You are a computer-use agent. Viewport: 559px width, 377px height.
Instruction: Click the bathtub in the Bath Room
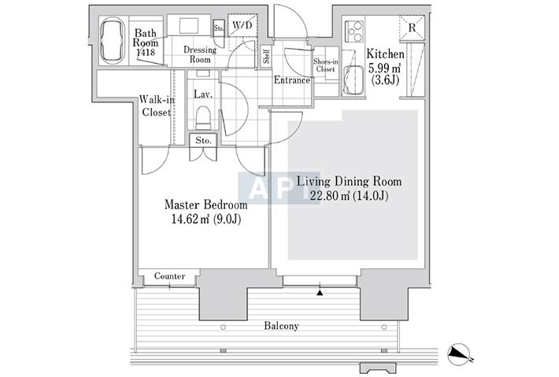point(113,41)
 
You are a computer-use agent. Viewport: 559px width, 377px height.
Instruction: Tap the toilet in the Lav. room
point(204,117)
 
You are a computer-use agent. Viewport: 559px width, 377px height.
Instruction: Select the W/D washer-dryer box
point(242,25)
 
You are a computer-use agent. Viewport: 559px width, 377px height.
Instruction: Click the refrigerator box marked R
point(412,28)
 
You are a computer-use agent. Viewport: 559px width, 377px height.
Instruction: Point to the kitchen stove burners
point(354,32)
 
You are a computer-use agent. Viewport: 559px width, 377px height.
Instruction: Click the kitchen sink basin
point(354,80)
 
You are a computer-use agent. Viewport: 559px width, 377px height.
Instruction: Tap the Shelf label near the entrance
point(266,56)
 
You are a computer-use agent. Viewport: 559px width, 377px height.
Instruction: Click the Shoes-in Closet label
point(325,65)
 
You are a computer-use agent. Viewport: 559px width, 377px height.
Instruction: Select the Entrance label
point(291,80)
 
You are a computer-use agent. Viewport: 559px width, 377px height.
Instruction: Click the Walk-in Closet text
point(157,105)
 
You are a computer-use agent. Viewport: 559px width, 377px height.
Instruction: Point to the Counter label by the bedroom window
point(170,276)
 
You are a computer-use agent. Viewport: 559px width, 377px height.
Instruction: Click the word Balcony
point(281,326)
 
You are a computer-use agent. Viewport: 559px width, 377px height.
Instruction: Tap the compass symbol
point(459,354)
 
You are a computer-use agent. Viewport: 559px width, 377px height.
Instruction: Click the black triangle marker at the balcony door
point(320,293)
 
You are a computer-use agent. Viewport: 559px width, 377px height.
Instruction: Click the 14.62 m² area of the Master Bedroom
point(191,219)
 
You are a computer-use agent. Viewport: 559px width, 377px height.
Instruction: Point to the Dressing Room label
point(200,54)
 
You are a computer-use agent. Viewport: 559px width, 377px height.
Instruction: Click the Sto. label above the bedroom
point(203,140)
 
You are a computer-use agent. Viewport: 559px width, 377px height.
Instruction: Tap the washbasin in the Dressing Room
point(188,26)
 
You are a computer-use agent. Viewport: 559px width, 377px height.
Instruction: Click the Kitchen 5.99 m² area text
point(385,67)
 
